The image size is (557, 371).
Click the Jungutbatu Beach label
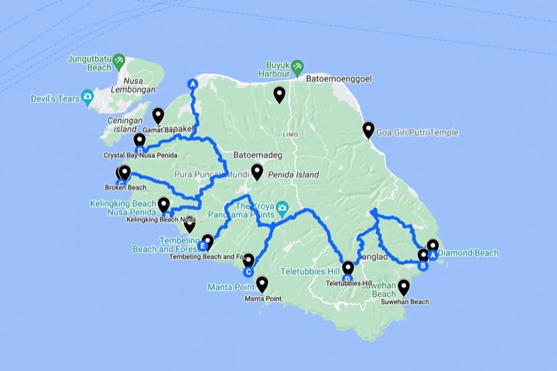click(x=89, y=63)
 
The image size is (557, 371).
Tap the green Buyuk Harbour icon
click(x=298, y=66)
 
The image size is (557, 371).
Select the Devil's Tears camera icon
click(x=88, y=97)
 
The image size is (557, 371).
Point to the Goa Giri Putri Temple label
click(x=417, y=132)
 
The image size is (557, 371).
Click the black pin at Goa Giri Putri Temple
click(x=368, y=129)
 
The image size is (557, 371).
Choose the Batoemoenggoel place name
click(x=340, y=79)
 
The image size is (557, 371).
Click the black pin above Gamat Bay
click(x=158, y=116)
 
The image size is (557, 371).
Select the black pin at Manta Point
click(x=262, y=284)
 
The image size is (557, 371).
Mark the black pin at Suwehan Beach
click(x=403, y=287)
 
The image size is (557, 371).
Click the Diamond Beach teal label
click(x=468, y=253)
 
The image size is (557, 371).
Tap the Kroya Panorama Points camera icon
click(x=283, y=207)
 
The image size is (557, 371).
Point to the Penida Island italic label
click(x=294, y=175)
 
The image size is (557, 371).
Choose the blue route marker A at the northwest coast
click(x=193, y=84)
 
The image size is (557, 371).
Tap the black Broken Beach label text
click(x=125, y=187)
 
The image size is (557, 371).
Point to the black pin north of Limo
click(x=279, y=94)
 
